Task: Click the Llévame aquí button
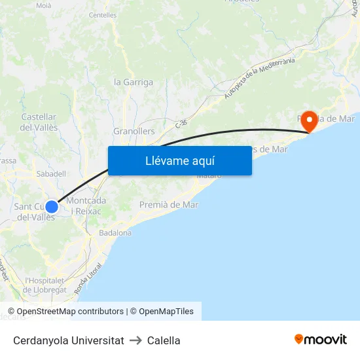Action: (180, 160)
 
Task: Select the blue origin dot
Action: (52, 207)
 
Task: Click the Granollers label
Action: (134, 131)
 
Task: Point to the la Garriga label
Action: (134, 82)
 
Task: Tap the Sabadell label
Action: (51, 174)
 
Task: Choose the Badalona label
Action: (115, 232)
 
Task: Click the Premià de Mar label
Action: (169, 205)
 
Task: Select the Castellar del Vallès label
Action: (39, 122)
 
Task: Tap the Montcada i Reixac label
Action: (86, 206)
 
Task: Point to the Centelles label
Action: (103, 14)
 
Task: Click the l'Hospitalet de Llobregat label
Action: (46, 285)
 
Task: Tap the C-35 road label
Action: (181, 122)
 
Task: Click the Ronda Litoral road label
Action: (89, 279)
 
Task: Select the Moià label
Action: (44, 5)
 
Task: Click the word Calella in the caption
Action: (164, 340)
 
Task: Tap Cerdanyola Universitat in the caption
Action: (68, 340)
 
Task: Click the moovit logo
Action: (321, 340)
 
